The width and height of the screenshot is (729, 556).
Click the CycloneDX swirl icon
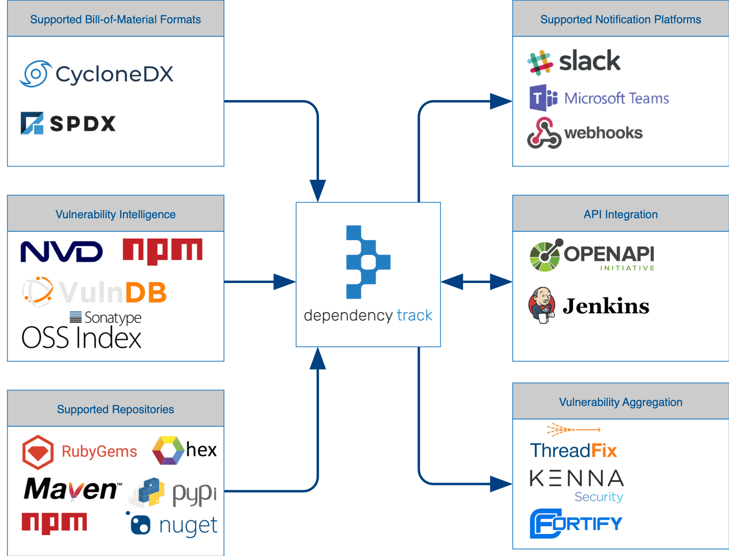[35, 74]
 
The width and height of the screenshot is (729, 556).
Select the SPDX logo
[68, 123]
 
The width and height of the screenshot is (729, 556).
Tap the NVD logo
[62, 252]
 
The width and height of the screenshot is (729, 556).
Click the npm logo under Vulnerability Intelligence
[162, 251]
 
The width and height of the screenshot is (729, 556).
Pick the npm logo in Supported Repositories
[54, 523]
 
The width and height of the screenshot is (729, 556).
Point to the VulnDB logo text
[112, 292]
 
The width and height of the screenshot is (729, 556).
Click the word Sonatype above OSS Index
[112, 317]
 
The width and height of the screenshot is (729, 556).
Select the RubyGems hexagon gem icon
[38, 452]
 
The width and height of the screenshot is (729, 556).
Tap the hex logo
[184, 450]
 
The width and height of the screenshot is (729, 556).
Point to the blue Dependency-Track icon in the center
[367, 262]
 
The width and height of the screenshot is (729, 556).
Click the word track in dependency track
[415, 315]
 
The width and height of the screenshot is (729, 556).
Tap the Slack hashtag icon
[540, 63]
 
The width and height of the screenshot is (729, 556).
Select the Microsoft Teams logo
[599, 98]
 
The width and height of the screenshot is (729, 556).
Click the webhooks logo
[585, 133]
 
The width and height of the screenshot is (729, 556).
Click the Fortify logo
[576, 523]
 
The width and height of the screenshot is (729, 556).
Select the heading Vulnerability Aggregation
[620, 402]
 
